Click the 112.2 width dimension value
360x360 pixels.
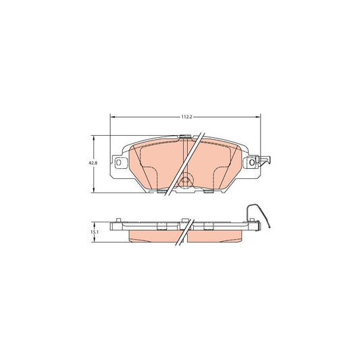(186, 117)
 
